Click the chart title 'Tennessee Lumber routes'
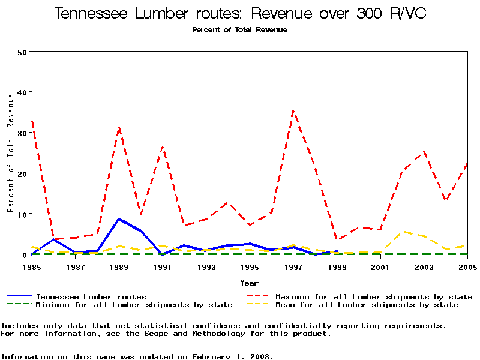pos(150,14)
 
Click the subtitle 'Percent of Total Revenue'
pos(239,30)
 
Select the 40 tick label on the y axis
pos(22,92)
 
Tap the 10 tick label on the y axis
pos(22,214)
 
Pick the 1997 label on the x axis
pos(293,266)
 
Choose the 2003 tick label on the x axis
pos(424,266)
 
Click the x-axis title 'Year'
pos(249,283)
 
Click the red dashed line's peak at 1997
pos(293,111)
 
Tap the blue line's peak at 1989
pos(119,218)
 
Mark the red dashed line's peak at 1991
pos(163,146)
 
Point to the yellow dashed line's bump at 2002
pos(403,232)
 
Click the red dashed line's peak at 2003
pos(424,151)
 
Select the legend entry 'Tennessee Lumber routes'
pos(91,296)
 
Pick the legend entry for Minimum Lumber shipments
pos(134,305)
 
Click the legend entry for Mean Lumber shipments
pos(366,305)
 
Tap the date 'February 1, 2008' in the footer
pos(232,356)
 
